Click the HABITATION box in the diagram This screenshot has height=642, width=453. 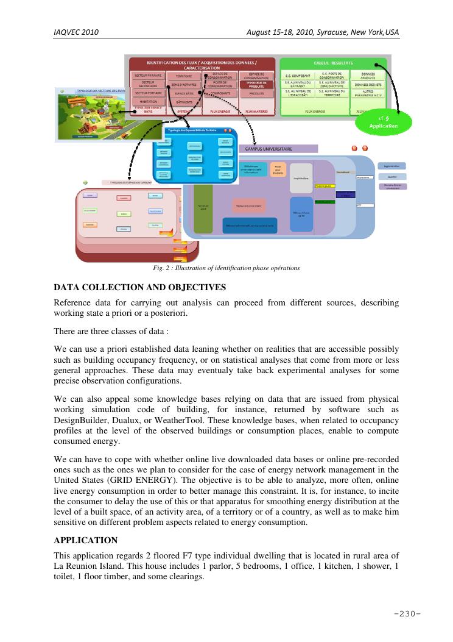148,102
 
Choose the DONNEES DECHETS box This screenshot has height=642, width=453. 368,85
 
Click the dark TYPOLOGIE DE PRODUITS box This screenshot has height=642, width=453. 255,85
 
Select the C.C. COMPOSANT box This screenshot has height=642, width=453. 298,76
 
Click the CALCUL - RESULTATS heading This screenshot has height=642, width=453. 333,63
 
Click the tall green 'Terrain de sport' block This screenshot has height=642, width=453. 202,207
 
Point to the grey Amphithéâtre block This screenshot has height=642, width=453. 301,179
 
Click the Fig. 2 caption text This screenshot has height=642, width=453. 226,268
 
